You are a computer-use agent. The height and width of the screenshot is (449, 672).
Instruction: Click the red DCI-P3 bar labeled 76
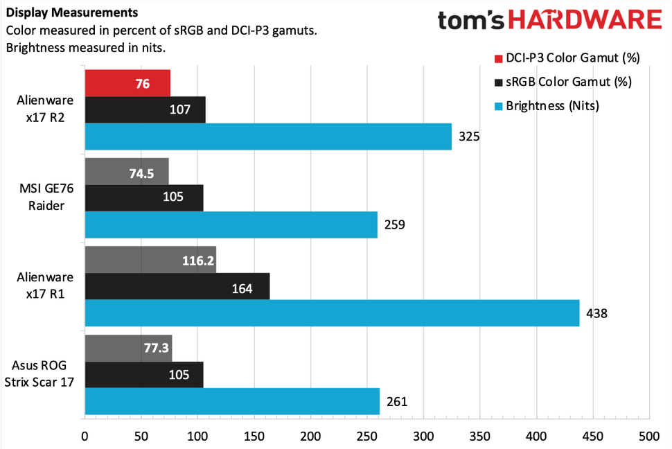click(x=127, y=83)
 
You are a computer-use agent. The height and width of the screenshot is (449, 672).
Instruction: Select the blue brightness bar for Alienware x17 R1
click(x=332, y=313)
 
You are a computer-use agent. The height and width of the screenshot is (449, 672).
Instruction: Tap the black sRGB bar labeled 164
click(x=177, y=286)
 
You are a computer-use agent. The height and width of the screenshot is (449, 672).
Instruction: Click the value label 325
click(x=469, y=137)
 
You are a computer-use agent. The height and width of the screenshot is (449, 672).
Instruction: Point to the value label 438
click(x=596, y=313)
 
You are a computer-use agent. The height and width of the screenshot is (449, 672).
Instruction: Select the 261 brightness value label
click(x=396, y=401)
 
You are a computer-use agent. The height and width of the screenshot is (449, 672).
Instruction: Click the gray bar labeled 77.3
click(x=127, y=348)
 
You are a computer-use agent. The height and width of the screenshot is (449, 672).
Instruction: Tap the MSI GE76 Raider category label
click(x=44, y=198)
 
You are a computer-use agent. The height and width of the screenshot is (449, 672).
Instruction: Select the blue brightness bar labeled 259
click(x=231, y=224)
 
